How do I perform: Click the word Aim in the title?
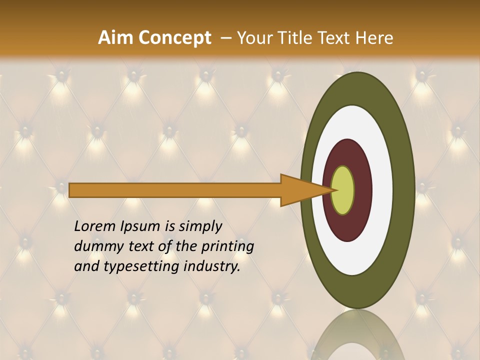coord(115,38)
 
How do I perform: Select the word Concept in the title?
coord(175,38)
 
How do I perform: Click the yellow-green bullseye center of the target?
coord(342,190)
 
